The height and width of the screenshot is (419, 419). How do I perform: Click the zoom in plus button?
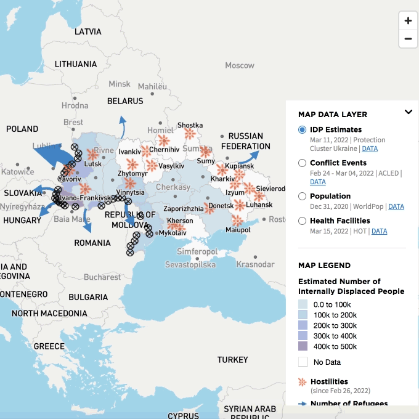point(408,20)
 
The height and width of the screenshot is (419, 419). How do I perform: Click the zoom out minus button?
point(408,39)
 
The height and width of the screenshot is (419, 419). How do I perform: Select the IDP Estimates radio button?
point(302,130)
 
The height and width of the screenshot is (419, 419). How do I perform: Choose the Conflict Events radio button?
point(302,163)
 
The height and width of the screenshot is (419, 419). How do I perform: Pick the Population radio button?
point(302,197)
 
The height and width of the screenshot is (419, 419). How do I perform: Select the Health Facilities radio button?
point(302,221)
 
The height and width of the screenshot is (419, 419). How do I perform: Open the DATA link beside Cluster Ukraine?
point(370,148)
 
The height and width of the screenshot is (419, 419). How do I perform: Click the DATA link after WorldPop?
point(396,206)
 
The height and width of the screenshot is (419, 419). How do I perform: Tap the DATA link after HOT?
point(379,231)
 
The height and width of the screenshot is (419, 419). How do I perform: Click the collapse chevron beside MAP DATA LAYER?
point(408,112)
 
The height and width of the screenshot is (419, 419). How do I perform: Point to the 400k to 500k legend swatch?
point(303,346)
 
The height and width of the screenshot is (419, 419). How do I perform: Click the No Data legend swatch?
point(303,362)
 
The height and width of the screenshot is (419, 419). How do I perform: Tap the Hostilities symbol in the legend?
point(302,382)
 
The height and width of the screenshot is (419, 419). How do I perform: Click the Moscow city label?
point(239,65)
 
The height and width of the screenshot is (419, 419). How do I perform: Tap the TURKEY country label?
point(232,359)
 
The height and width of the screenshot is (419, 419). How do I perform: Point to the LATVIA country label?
point(88,31)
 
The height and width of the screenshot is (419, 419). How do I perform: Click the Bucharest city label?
point(103,277)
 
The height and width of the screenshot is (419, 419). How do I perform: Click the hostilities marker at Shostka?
point(190,134)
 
